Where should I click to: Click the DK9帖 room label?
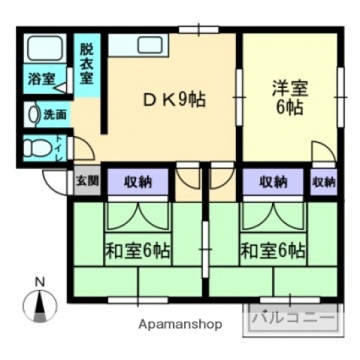pyautogui.click(x=175, y=99)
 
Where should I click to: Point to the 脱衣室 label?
pyautogui.click(x=87, y=63)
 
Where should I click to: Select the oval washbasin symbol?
pyautogui.click(x=32, y=115)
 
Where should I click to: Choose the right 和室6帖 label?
pyautogui.click(x=272, y=250)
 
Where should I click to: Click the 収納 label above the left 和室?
pyautogui.click(x=135, y=181)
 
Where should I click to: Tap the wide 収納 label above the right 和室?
pyautogui.click(x=274, y=181)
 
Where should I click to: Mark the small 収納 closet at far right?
pyautogui.click(x=324, y=181)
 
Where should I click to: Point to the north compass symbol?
pyautogui.click(x=40, y=306)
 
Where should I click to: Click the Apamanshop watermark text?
pyautogui.click(x=180, y=325)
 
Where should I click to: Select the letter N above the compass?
pyautogui.click(x=41, y=282)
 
